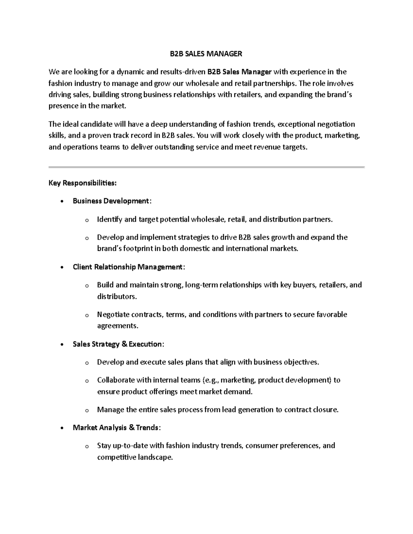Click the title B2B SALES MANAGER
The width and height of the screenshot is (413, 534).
tap(206, 54)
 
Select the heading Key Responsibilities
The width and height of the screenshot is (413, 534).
tap(83, 183)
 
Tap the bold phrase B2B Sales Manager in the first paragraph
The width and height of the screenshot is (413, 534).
tap(239, 72)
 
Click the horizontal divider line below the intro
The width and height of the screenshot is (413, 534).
tap(206, 167)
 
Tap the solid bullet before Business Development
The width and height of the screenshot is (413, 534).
tap(62, 201)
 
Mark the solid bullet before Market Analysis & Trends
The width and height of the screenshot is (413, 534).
tap(62, 428)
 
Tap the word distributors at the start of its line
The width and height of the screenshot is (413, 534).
tap(117, 296)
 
